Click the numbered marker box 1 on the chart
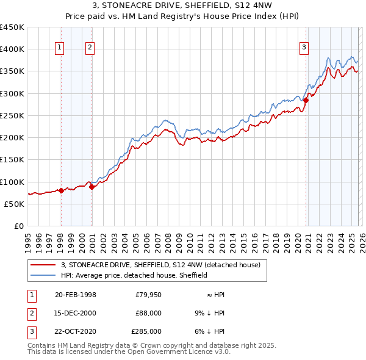(60, 48)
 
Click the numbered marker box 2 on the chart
(90, 48)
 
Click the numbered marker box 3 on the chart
(304, 48)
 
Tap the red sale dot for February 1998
(61, 190)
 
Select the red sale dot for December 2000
(91, 187)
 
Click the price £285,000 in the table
(146, 331)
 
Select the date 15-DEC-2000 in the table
(76, 313)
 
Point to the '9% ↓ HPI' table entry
(210, 313)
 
